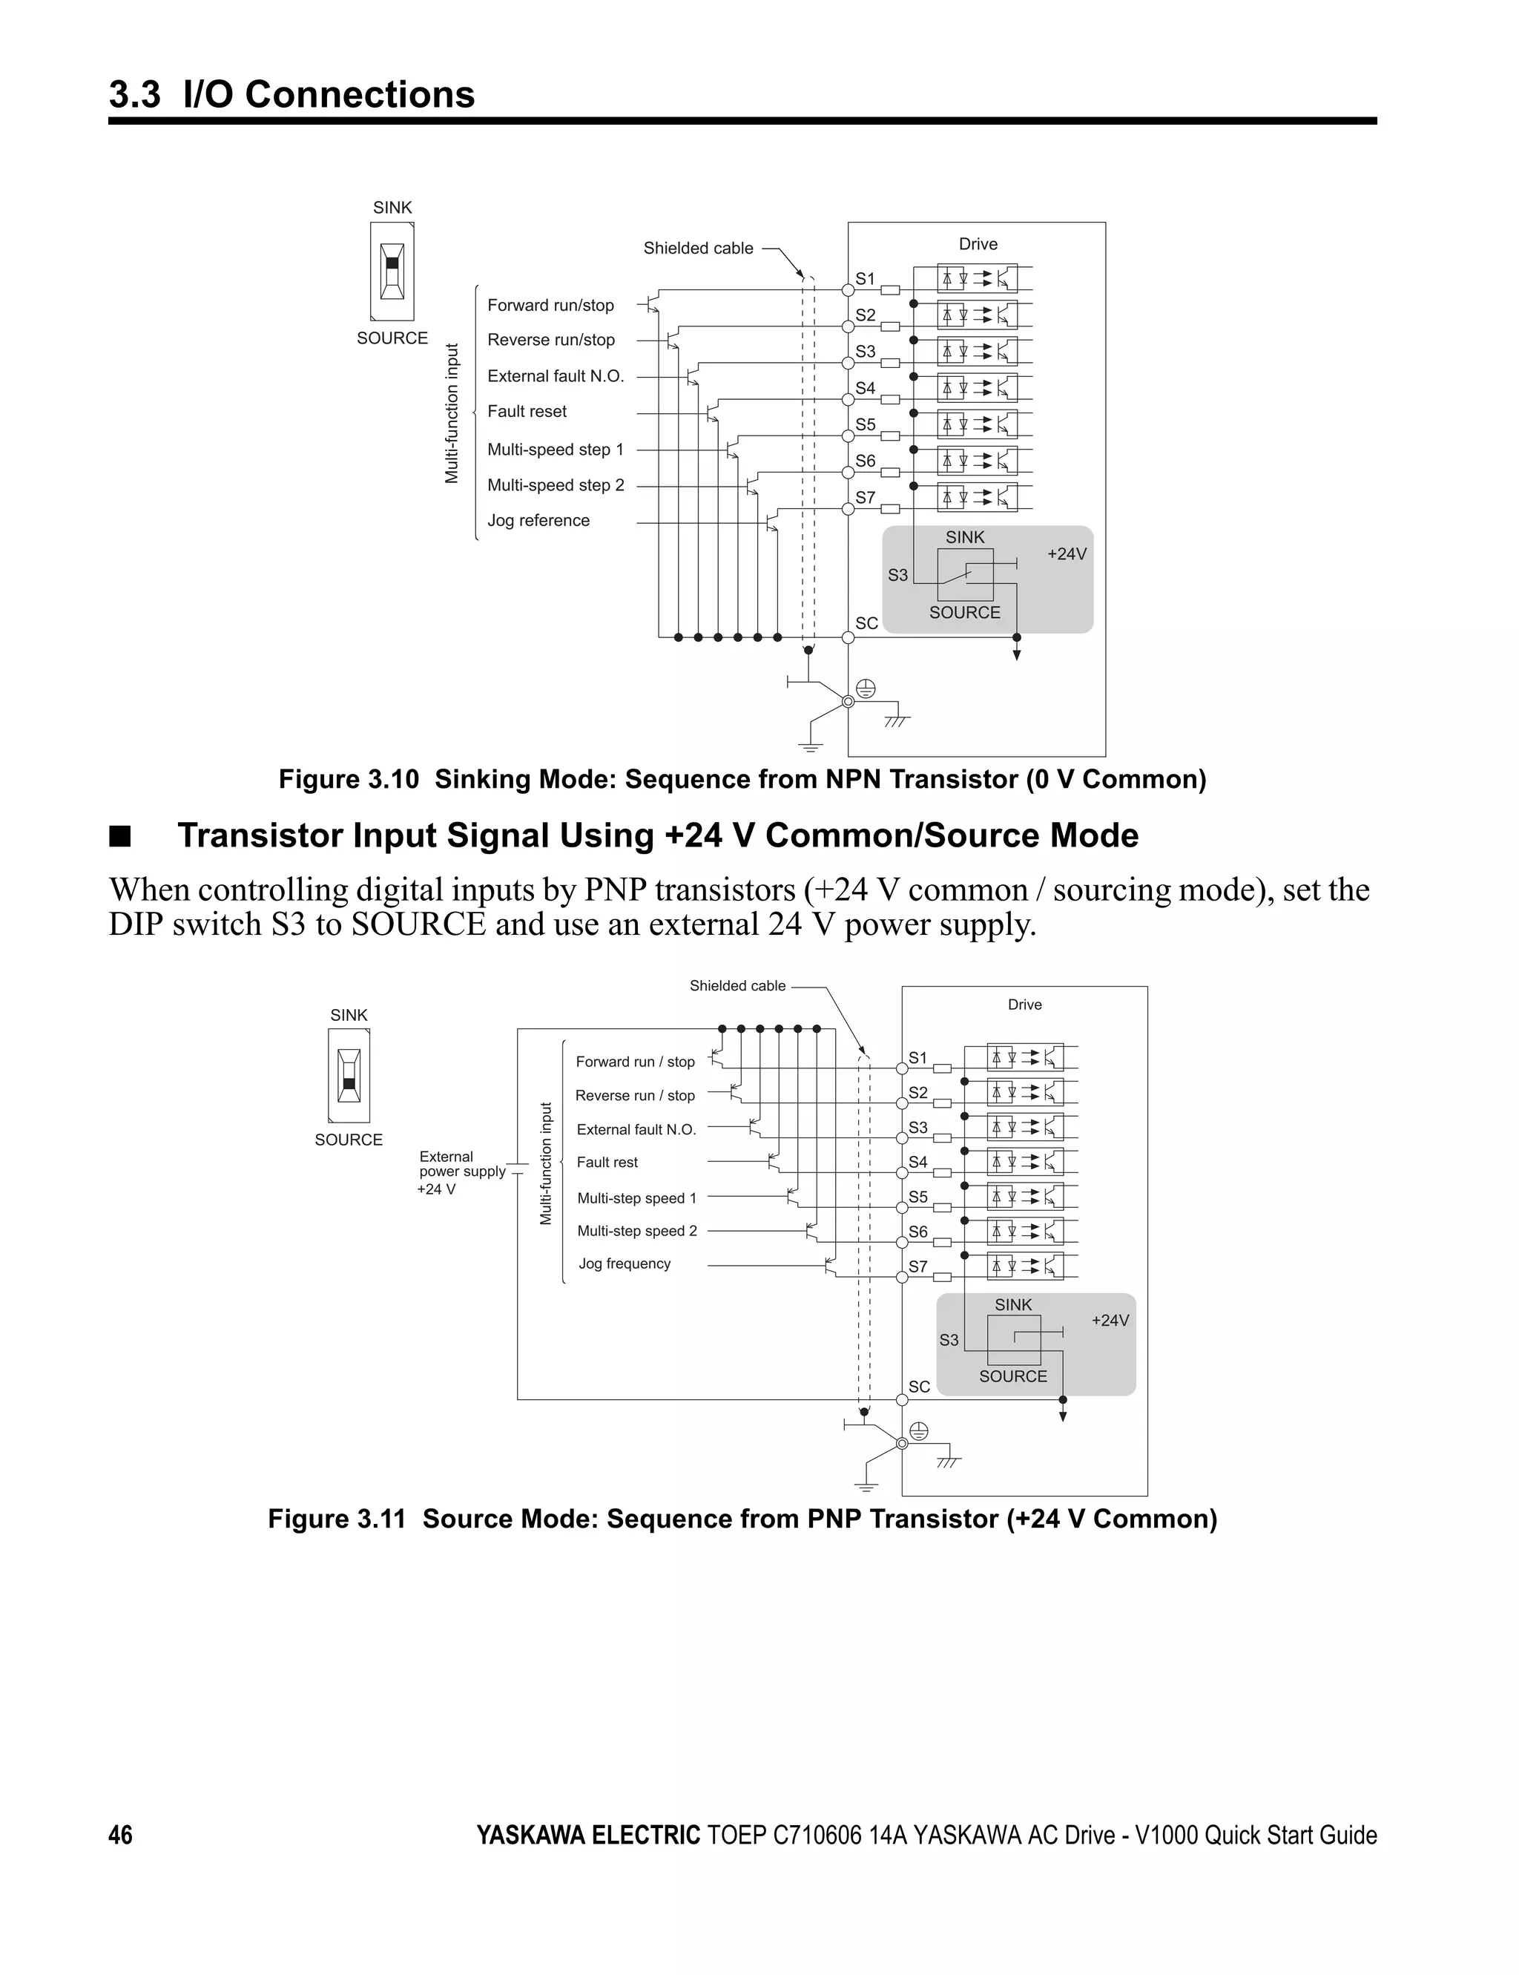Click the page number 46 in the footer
[120, 1835]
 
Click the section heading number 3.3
[135, 94]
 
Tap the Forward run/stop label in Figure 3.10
[550, 306]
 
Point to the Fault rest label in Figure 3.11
[607, 1162]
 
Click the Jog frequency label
[624, 1263]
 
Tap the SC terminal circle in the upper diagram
[848, 637]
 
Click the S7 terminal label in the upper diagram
[866, 497]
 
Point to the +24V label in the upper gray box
[1066, 554]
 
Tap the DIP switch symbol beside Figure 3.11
[349, 1075]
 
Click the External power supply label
[461, 1164]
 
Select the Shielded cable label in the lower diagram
[737, 986]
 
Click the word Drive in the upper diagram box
[978, 244]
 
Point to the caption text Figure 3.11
[336, 1518]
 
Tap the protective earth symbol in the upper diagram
[866, 689]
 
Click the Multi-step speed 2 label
[636, 1231]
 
